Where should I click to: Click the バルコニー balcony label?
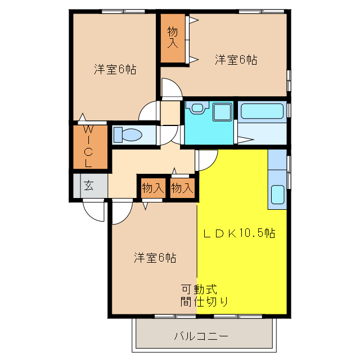tap(201, 336)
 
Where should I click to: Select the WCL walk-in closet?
tap(88, 146)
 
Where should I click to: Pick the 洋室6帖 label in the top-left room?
tap(115, 70)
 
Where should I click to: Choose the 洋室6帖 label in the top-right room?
tap(236, 60)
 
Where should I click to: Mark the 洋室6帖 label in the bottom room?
tap(155, 258)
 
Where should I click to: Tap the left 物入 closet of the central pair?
tap(152, 188)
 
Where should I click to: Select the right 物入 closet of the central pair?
tap(182, 188)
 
